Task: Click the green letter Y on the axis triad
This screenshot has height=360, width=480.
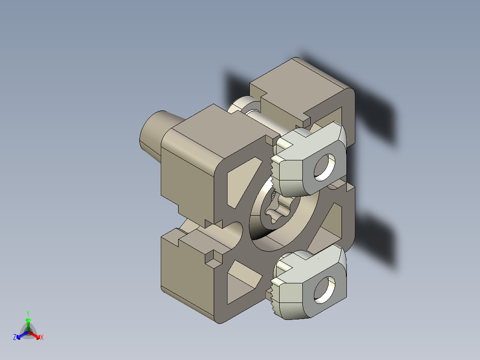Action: pyautogui.click(x=28, y=313)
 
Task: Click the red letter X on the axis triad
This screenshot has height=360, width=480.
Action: pyautogui.click(x=42, y=338)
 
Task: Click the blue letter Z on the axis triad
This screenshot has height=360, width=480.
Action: pyautogui.click(x=15, y=338)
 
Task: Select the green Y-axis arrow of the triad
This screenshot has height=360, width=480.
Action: pyautogui.click(x=28, y=323)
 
